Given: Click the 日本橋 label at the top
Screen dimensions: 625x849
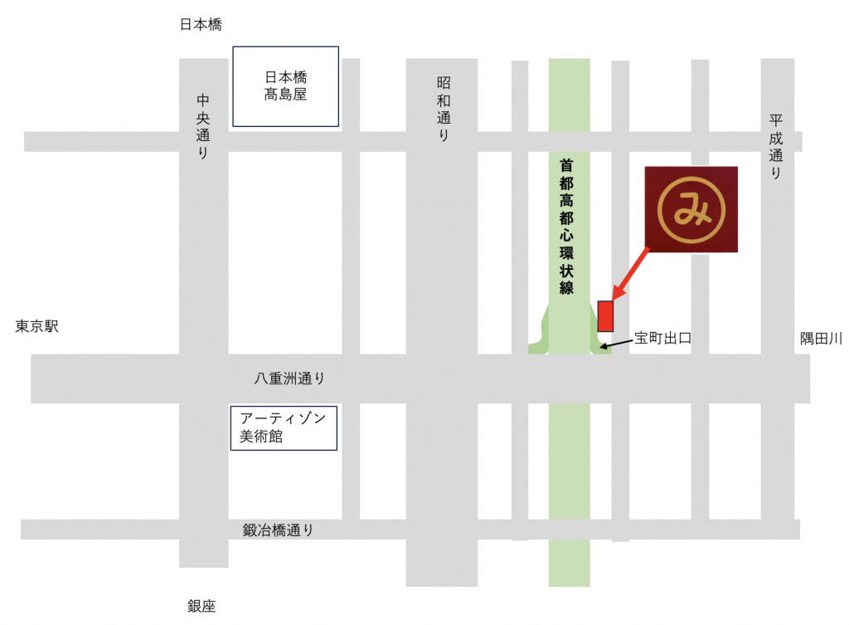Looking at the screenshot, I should tap(201, 26).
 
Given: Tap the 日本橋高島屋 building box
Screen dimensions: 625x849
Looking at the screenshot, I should tap(285, 86).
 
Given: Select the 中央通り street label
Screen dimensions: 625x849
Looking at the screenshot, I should tap(203, 126).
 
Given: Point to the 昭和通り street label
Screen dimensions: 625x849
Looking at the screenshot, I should tap(444, 109).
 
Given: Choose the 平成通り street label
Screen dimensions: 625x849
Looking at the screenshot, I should tap(775, 148).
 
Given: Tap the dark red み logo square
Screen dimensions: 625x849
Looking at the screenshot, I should tap(691, 209).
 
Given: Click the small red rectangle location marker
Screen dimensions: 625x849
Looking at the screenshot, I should tap(605, 315).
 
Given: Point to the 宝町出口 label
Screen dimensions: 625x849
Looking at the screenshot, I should tap(662, 338).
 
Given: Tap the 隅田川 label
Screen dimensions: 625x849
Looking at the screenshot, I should tap(821, 338).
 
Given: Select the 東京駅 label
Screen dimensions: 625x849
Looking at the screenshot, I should tap(37, 327).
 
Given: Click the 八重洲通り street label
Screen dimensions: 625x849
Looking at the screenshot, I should tap(289, 378).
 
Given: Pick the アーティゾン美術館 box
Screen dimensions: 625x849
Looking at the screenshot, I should tap(284, 427).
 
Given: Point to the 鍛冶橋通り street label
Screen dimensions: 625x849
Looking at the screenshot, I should tap(279, 530).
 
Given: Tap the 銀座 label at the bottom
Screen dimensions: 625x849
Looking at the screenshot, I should tap(201, 607).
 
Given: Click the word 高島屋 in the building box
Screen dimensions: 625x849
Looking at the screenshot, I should tap(285, 95).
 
